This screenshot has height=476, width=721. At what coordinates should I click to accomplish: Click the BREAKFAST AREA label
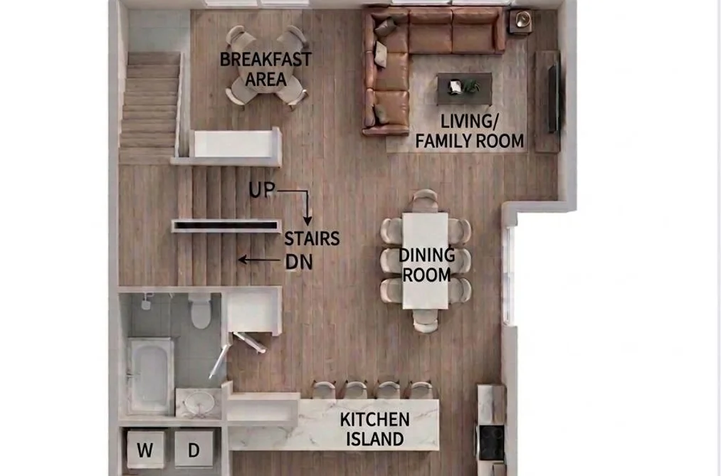click(x=265, y=69)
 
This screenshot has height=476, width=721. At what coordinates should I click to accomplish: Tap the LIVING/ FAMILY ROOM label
click(x=470, y=131)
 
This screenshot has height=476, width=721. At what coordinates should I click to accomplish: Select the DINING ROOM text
click(x=427, y=265)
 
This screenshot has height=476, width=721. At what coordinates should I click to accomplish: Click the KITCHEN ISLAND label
click(x=375, y=429)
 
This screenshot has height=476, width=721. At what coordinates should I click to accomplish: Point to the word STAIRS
click(x=312, y=238)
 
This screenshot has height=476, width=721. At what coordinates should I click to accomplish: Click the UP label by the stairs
click(x=262, y=190)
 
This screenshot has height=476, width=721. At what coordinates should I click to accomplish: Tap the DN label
click(x=299, y=262)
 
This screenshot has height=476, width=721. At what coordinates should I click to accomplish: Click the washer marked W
click(x=145, y=450)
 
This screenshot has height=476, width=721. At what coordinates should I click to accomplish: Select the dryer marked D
click(x=194, y=450)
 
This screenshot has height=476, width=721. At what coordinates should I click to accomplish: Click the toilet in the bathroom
click(x=201, y=311)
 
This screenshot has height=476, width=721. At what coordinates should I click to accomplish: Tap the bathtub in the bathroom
click(x=150, y=376)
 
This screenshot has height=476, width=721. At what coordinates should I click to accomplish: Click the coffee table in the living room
click(x=464, y=88)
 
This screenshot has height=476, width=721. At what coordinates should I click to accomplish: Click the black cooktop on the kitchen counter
click(x=491, y=443)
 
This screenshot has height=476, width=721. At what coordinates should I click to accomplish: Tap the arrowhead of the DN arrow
click(x=242, y=260)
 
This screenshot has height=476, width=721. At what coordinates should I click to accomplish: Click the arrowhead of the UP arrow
click(x=307, y=221)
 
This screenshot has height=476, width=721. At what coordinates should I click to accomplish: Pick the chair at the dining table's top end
click(x=425, y=200)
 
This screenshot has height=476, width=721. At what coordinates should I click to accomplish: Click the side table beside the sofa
click(x=521, y=21)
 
